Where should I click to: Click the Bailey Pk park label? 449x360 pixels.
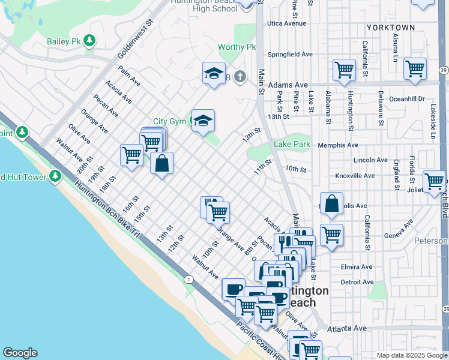(63, 41)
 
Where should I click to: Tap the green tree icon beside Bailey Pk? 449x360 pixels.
(89, 41)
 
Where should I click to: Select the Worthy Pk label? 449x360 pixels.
(237, 47)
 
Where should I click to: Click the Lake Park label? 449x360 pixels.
(292, 144)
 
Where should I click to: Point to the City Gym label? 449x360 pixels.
(169, 121)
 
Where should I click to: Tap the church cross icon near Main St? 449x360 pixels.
(240, 76)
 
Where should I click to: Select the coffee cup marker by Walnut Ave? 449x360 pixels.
(233, 289)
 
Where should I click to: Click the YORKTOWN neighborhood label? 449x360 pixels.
(391, 28)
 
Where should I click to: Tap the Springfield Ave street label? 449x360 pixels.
(291, 54)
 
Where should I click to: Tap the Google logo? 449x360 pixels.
(20, 353)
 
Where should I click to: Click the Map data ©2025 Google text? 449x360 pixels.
(411, 355)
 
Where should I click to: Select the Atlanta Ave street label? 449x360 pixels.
(347, 328)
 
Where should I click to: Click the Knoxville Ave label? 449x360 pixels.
(355, 176)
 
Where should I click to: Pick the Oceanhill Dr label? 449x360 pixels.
(406, 98)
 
